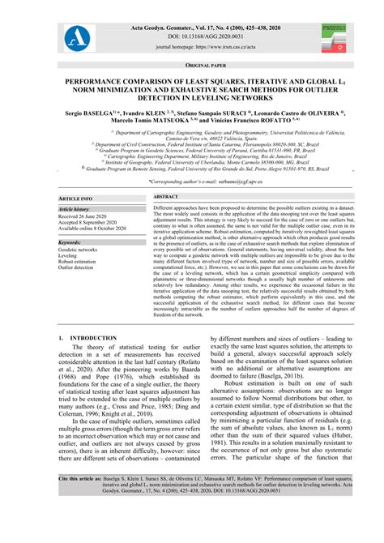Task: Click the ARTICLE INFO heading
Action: coord(75,198)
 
